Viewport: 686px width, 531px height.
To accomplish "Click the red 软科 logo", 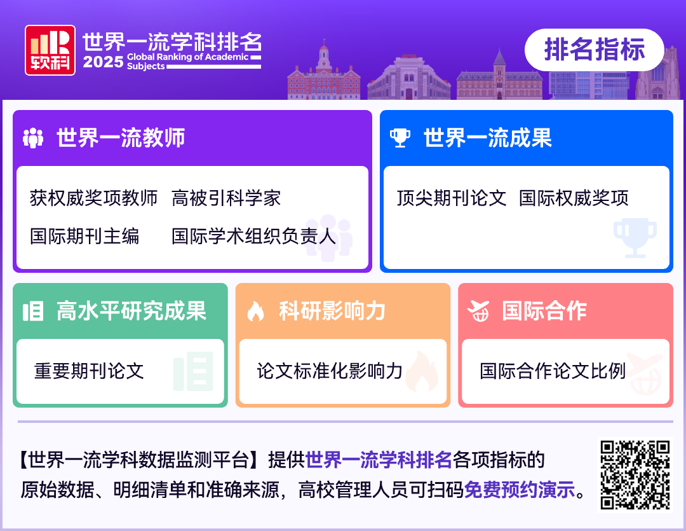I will pyautogui.click(x=50, y=50).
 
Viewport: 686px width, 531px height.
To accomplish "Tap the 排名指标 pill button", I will pyautogui.click(x=594, y=50).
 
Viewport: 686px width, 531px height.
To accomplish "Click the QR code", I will pyautogui.click(x=635, y=474).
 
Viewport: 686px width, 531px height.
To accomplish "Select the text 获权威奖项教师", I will pyautogui.click(x=93, y=198).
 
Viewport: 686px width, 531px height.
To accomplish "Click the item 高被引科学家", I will pyautogui.click(x=226, y=198).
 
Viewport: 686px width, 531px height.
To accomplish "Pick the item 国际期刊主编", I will pyautogui.click(x=84, y=237).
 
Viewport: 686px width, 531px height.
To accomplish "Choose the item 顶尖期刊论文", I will pyautogui.click(x=452, y=198).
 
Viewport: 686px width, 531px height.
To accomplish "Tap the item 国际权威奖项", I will pyautogui.click(x=574, y=198).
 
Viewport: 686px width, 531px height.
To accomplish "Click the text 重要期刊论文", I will pyautogui.click(x=89, y=371).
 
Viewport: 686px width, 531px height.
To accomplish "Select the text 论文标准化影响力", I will pyautogui.click(x=330, y=371).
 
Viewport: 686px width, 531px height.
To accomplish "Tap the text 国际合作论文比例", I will pyautogui.click(x=553, y=371).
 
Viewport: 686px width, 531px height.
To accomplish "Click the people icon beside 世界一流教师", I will pyautogui.click(x=33, y=138).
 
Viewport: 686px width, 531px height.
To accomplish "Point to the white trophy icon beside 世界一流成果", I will pyautogui.click(x=400, y=138).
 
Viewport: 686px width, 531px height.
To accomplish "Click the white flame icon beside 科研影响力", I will pyautogui.click(x=255, y=312).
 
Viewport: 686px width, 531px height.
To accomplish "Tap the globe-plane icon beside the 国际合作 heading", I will pyautogui.click(x=478, y=312).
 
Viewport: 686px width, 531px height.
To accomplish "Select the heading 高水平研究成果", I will pyautogui.click(x=131, y=312).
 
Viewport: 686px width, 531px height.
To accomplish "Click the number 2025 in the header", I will pyautogui.click(x=103, y=63).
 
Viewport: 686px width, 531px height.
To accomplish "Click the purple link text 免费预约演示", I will pyautogui.click(x=519, y=491).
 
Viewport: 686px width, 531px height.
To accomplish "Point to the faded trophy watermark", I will pyautogui.click(x=635, y=237).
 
